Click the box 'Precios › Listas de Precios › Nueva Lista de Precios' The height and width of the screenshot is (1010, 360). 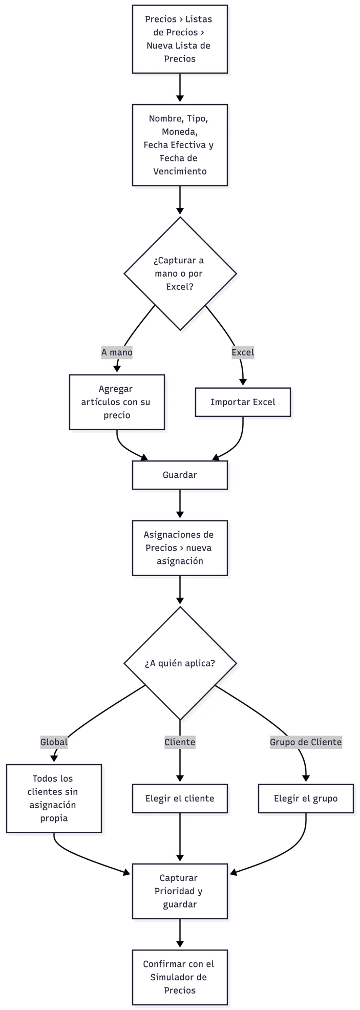(x=180, y=39)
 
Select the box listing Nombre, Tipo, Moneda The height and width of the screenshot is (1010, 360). (x=180, y=145)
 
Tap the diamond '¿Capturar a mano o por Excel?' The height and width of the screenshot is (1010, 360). (x=180, y=273)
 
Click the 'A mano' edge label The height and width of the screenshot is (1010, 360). (x=117, y=352)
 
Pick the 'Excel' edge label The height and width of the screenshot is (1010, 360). (x=243, y=352)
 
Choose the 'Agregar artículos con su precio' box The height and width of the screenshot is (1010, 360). (x=117, y=402)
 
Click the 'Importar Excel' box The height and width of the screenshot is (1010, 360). (x=243, y=402)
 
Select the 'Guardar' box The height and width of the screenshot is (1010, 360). (x=180, y=475)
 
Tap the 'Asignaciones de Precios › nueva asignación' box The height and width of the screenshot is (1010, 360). (x=180, y=548)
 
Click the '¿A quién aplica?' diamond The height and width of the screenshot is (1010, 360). (x=180, y=663)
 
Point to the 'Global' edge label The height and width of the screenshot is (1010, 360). (x=54, y=742)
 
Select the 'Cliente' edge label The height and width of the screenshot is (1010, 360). (x=180, y=742)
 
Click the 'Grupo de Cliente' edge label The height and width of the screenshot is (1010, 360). (x=306, y=742)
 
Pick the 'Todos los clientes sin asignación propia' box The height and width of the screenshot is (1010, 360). (x=54, y=798)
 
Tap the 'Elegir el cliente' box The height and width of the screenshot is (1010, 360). (x=180, y=798)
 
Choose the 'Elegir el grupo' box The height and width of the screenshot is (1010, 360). (x=306, y=798)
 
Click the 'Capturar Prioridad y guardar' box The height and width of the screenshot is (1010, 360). (x=180, y=891)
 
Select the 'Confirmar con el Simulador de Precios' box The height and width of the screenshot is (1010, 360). (x=180, y=977)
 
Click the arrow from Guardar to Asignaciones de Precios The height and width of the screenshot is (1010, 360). (x=180, y=505)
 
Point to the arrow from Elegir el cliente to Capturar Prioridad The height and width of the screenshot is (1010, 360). (x=180, y=838)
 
